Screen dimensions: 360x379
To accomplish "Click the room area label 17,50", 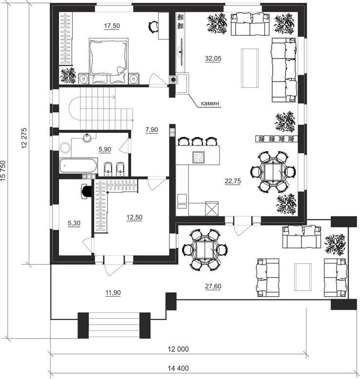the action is [112, 26].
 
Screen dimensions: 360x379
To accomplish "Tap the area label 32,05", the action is [213, 59].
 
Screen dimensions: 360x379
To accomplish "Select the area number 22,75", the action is [233, 181].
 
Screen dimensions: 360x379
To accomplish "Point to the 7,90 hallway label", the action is [152, 130].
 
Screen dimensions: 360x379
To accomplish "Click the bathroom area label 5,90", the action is [105, 149].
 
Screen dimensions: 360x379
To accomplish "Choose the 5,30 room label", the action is [74, 223].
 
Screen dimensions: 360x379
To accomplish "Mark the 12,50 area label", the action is [135, 217].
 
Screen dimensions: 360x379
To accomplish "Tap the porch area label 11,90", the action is [113, 293].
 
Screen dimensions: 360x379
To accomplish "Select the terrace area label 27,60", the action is [213, 286].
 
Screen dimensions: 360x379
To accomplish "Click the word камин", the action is [210, 103].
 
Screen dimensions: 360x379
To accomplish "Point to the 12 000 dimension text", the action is [178, 349].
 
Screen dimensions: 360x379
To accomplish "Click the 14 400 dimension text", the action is [178, 368].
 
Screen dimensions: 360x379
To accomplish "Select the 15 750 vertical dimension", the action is [3, 171].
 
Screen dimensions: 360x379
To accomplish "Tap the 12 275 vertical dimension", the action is [24, 138].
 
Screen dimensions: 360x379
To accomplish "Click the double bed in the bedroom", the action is [109, 61].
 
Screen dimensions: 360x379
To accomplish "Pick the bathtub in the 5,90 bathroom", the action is [78, 165].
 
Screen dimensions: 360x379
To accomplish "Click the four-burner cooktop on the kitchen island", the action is [198, 158].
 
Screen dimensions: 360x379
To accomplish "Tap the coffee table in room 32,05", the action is [250, 68].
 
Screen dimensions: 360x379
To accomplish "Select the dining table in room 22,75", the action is [273, 172].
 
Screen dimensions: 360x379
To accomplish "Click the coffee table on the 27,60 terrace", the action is [303, 277].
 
